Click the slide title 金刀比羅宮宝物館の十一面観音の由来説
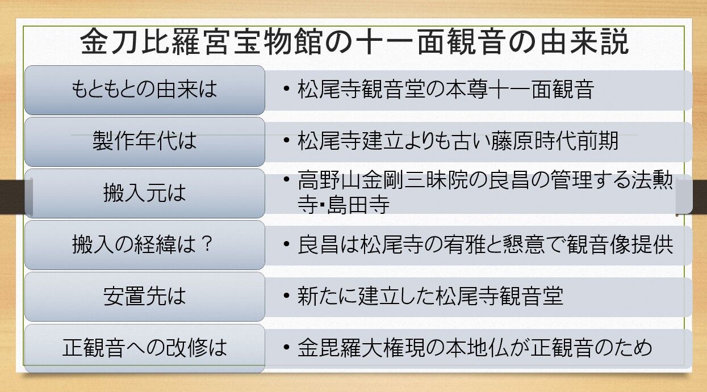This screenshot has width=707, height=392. point(355,43)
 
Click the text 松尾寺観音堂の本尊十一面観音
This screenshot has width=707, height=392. point(445,90)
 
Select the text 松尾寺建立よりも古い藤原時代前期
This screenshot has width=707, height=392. point(458,141)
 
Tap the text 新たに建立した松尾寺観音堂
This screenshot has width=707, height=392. point(430,297)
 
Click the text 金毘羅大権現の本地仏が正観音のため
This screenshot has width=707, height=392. point(475,347)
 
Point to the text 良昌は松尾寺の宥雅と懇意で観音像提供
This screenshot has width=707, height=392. point(485,245)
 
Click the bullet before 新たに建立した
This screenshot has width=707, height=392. point(287,297)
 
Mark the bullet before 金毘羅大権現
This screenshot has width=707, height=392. point(287,347)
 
